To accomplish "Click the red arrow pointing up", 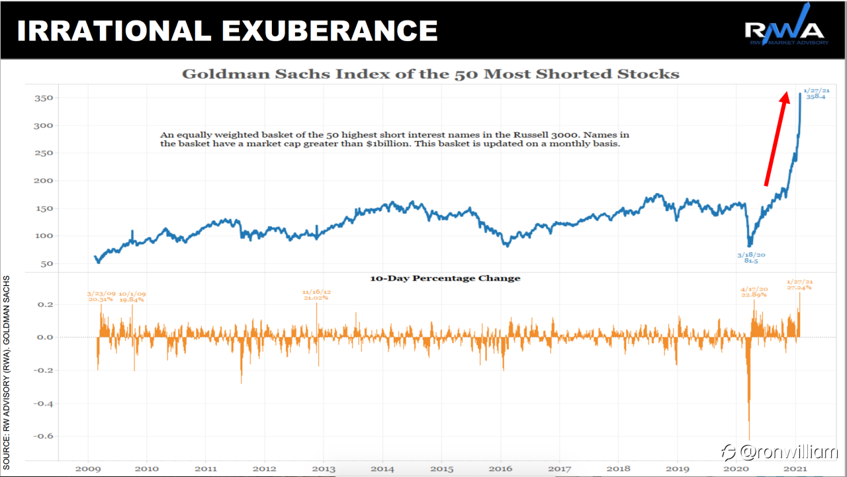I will click(776, 139).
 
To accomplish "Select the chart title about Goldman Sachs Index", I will click(431, 73).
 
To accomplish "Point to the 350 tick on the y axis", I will click(44, 98).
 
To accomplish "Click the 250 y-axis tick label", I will click(44, 153).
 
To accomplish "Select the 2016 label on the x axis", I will click(501, 468).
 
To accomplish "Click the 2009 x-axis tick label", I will click(88, 468).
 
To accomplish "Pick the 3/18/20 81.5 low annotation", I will click(751, 257).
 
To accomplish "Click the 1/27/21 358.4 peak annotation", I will click(816, 93).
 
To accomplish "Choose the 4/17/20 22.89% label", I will click(754, 292).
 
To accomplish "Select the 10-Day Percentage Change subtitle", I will click(445, 279).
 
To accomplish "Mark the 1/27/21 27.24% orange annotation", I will click(799, 284).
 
